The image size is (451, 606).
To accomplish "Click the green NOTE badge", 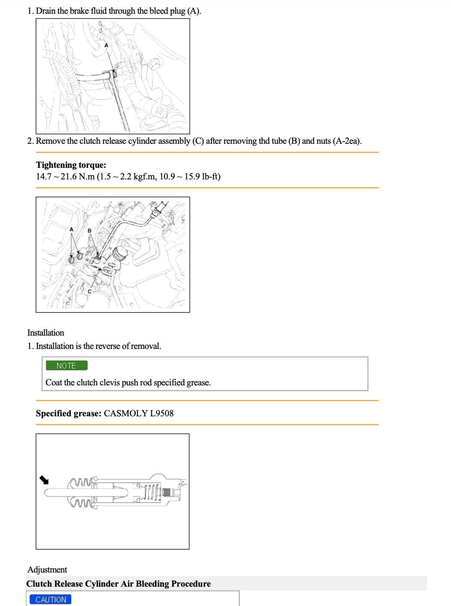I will pyautogui.click(x=66, y=366).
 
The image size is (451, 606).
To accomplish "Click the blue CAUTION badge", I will pyautogui.click(x=51, y=600).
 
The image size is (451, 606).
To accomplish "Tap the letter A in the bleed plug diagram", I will pyautogui.click(x=106, y=45).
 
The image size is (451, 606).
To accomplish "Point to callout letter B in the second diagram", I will pyautogui.click(x=89, y=231).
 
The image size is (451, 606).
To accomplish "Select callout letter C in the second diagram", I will pyautogui.click(x=89, y=292).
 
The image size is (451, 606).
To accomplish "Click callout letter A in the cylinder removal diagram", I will pyautogui.click(x=71, y=230).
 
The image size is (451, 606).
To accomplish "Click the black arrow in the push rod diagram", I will pyautogui.click(x=44, y=480).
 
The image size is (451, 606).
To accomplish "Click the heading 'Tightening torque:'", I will pyautogui.click(x=71, y=165).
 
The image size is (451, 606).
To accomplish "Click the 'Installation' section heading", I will pyautogui.click(x=46, y=333).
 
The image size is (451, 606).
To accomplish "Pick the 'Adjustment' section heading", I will pyautogui.click(x=47, y=570).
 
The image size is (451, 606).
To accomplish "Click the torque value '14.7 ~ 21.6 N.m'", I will pyautogui.click(x=65, y=177).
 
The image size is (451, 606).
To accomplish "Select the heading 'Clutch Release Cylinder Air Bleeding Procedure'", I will pyautogui.click(x=119, y=584).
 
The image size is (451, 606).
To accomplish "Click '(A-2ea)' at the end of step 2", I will pyautogui.click(x=347, y=141).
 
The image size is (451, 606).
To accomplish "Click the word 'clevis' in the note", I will pyautogui.click(x=110, y=383).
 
